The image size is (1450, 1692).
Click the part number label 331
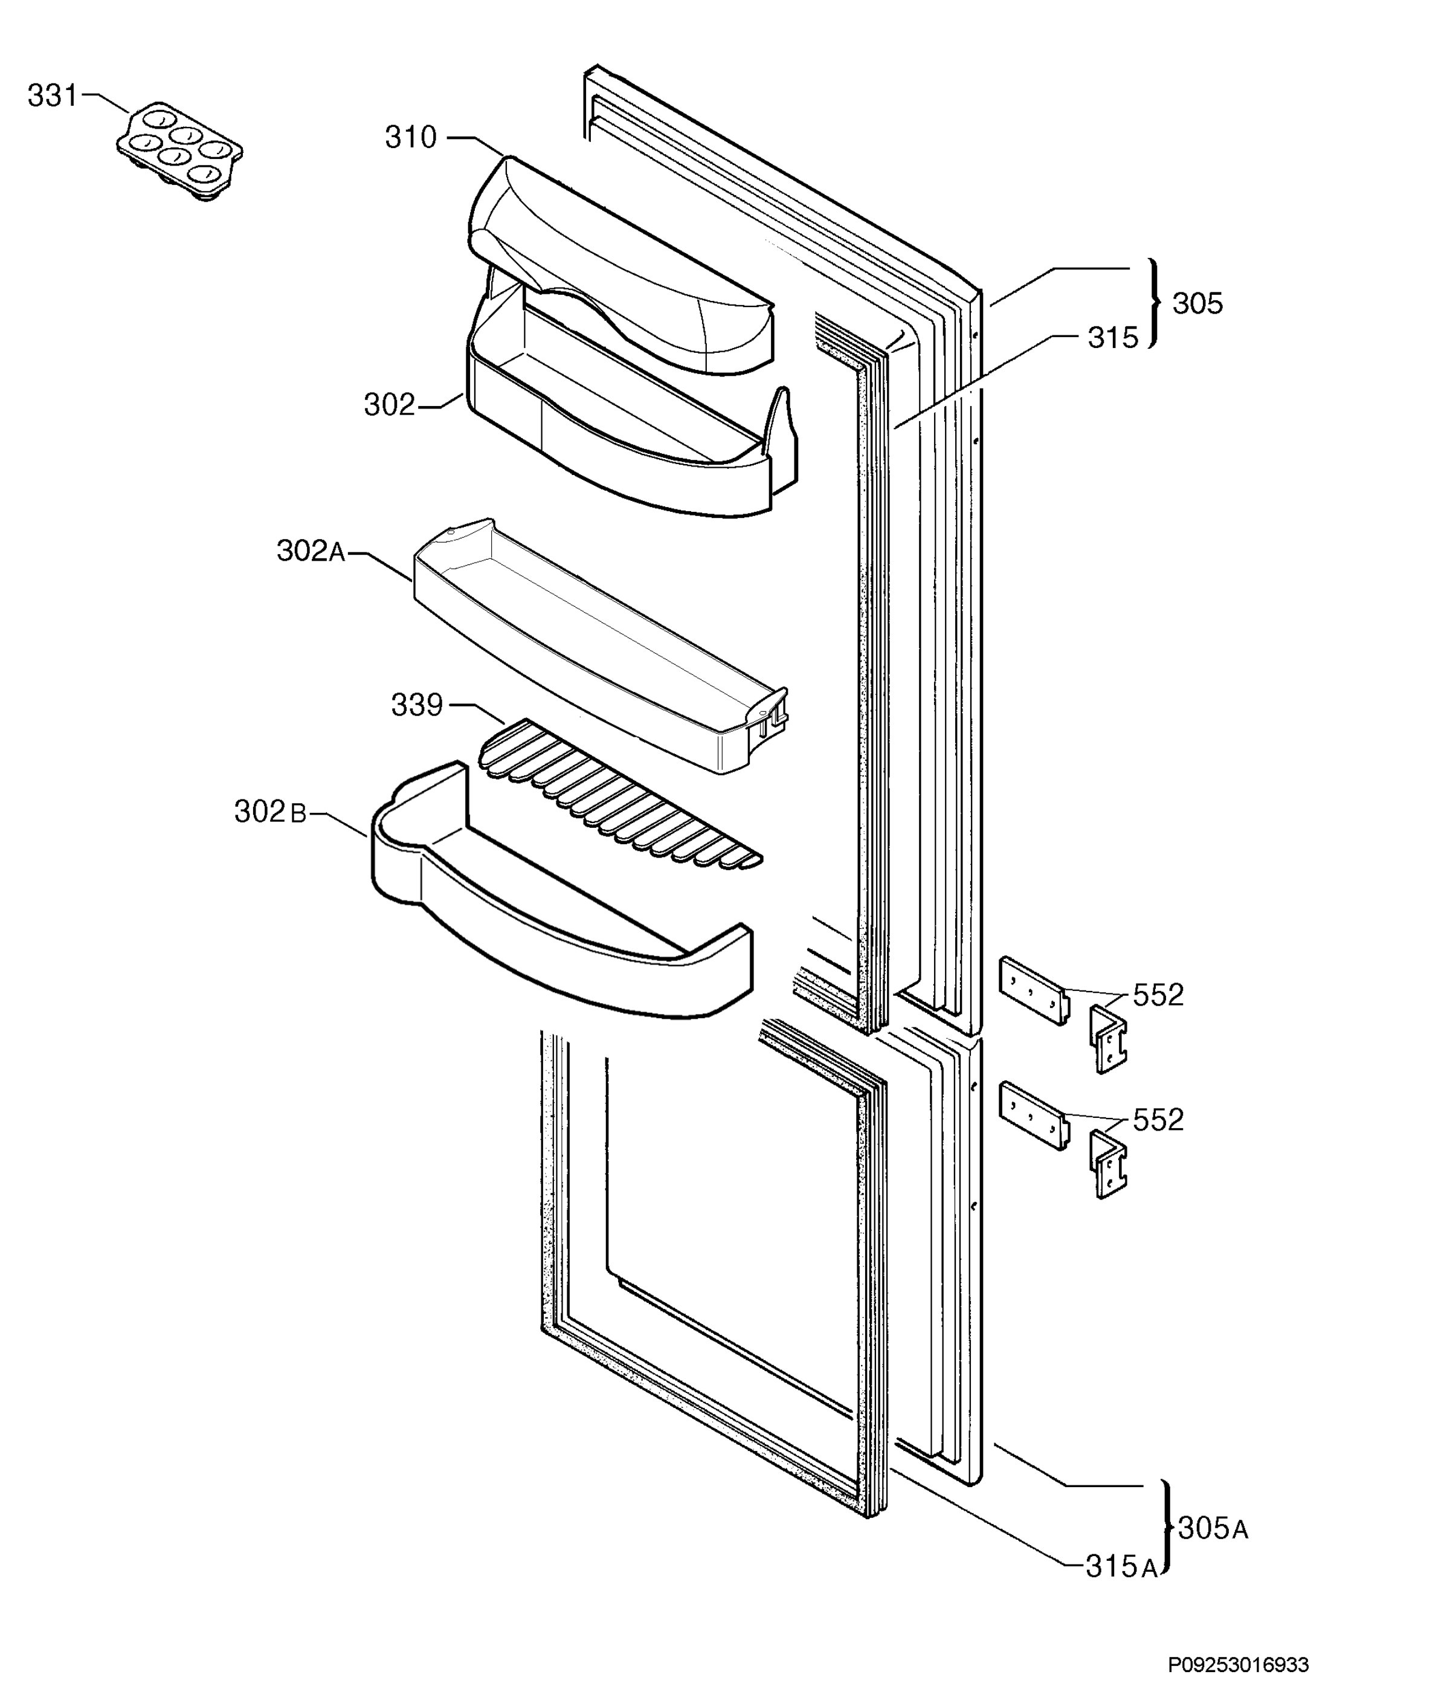52,96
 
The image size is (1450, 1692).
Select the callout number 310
411,137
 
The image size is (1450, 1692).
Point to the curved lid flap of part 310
620,265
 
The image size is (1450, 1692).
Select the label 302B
270,812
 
